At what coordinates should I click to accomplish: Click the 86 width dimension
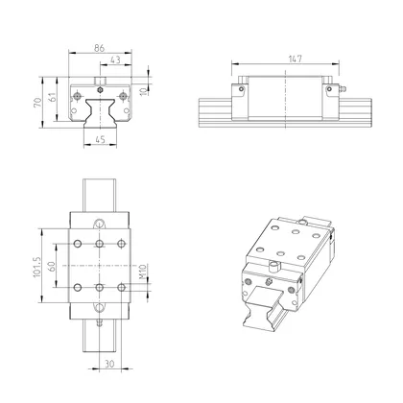99,46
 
